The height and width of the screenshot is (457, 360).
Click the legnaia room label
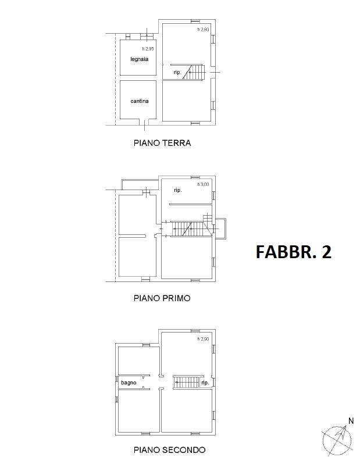[140, 59]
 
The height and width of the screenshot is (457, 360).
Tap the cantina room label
[140, 101]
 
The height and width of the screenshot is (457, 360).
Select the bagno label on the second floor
[129, 383]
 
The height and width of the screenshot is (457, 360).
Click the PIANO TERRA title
[162, 143]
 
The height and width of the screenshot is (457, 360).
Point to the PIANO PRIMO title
[162, 298]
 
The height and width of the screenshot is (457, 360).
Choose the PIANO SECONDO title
[169, 449]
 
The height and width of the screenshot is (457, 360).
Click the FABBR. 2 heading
[294, 252]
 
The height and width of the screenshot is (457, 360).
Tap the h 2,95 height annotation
[148, 49]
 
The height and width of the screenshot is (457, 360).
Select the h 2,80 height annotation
[203, 30]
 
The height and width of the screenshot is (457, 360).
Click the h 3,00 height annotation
[203, 184]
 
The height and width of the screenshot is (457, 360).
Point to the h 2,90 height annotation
[203, 339]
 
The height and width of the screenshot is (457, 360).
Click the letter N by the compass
[351, 421]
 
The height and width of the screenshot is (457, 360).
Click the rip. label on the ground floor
[177, 72]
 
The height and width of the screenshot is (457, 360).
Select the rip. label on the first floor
[178, 190]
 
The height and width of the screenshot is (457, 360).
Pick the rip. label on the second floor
[205, 383]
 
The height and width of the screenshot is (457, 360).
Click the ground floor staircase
[194, 72]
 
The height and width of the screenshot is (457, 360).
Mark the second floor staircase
[187, 382]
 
